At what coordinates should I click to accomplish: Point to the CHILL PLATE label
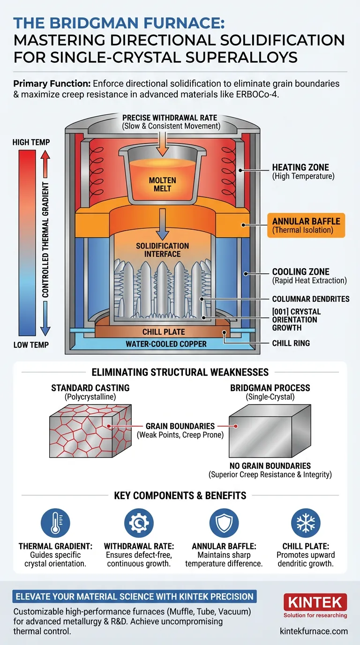pos(163,332)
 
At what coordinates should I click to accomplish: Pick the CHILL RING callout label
pos(291,343)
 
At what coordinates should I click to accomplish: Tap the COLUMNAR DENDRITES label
pos(310,299)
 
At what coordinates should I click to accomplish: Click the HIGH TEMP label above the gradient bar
pos(31,142)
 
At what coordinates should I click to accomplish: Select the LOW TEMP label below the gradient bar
pos(31,345)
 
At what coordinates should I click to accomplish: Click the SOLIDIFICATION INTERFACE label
pos(163,250)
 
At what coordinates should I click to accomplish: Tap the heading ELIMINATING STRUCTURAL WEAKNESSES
pos(180,372)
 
